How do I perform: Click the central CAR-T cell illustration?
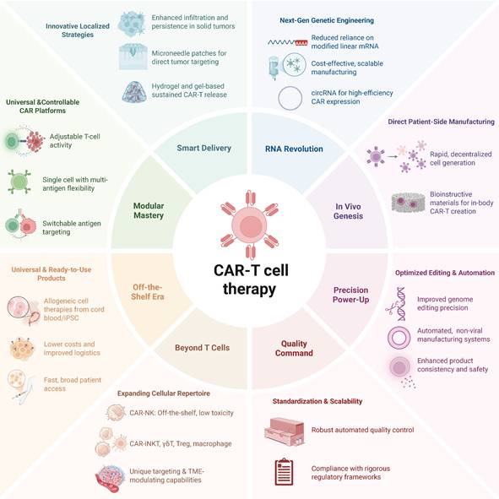tap(250, 225)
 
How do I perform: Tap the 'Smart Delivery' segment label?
tap(204, 148)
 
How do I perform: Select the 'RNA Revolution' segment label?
tap(294, 149)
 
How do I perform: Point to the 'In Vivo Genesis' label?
tap(348, 211)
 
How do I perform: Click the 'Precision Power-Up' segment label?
tap(350, 295)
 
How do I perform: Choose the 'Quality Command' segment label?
tap(294, 348)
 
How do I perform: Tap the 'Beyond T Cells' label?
tap(202, 348)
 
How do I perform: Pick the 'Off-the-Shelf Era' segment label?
tap(148, 292)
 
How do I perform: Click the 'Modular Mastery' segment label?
tap(149, 210)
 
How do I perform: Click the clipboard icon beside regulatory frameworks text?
tap(284, 472)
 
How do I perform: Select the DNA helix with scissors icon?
tap(397, 304)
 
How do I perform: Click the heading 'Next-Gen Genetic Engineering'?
tap(327, 20)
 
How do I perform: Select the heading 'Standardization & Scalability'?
tap(317, 401)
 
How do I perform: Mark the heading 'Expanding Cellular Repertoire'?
tap(164, 393)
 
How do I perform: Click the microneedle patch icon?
tap(133, 57)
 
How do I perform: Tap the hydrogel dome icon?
tap(134, 92)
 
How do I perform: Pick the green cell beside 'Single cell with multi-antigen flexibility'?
tap(19, 182)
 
